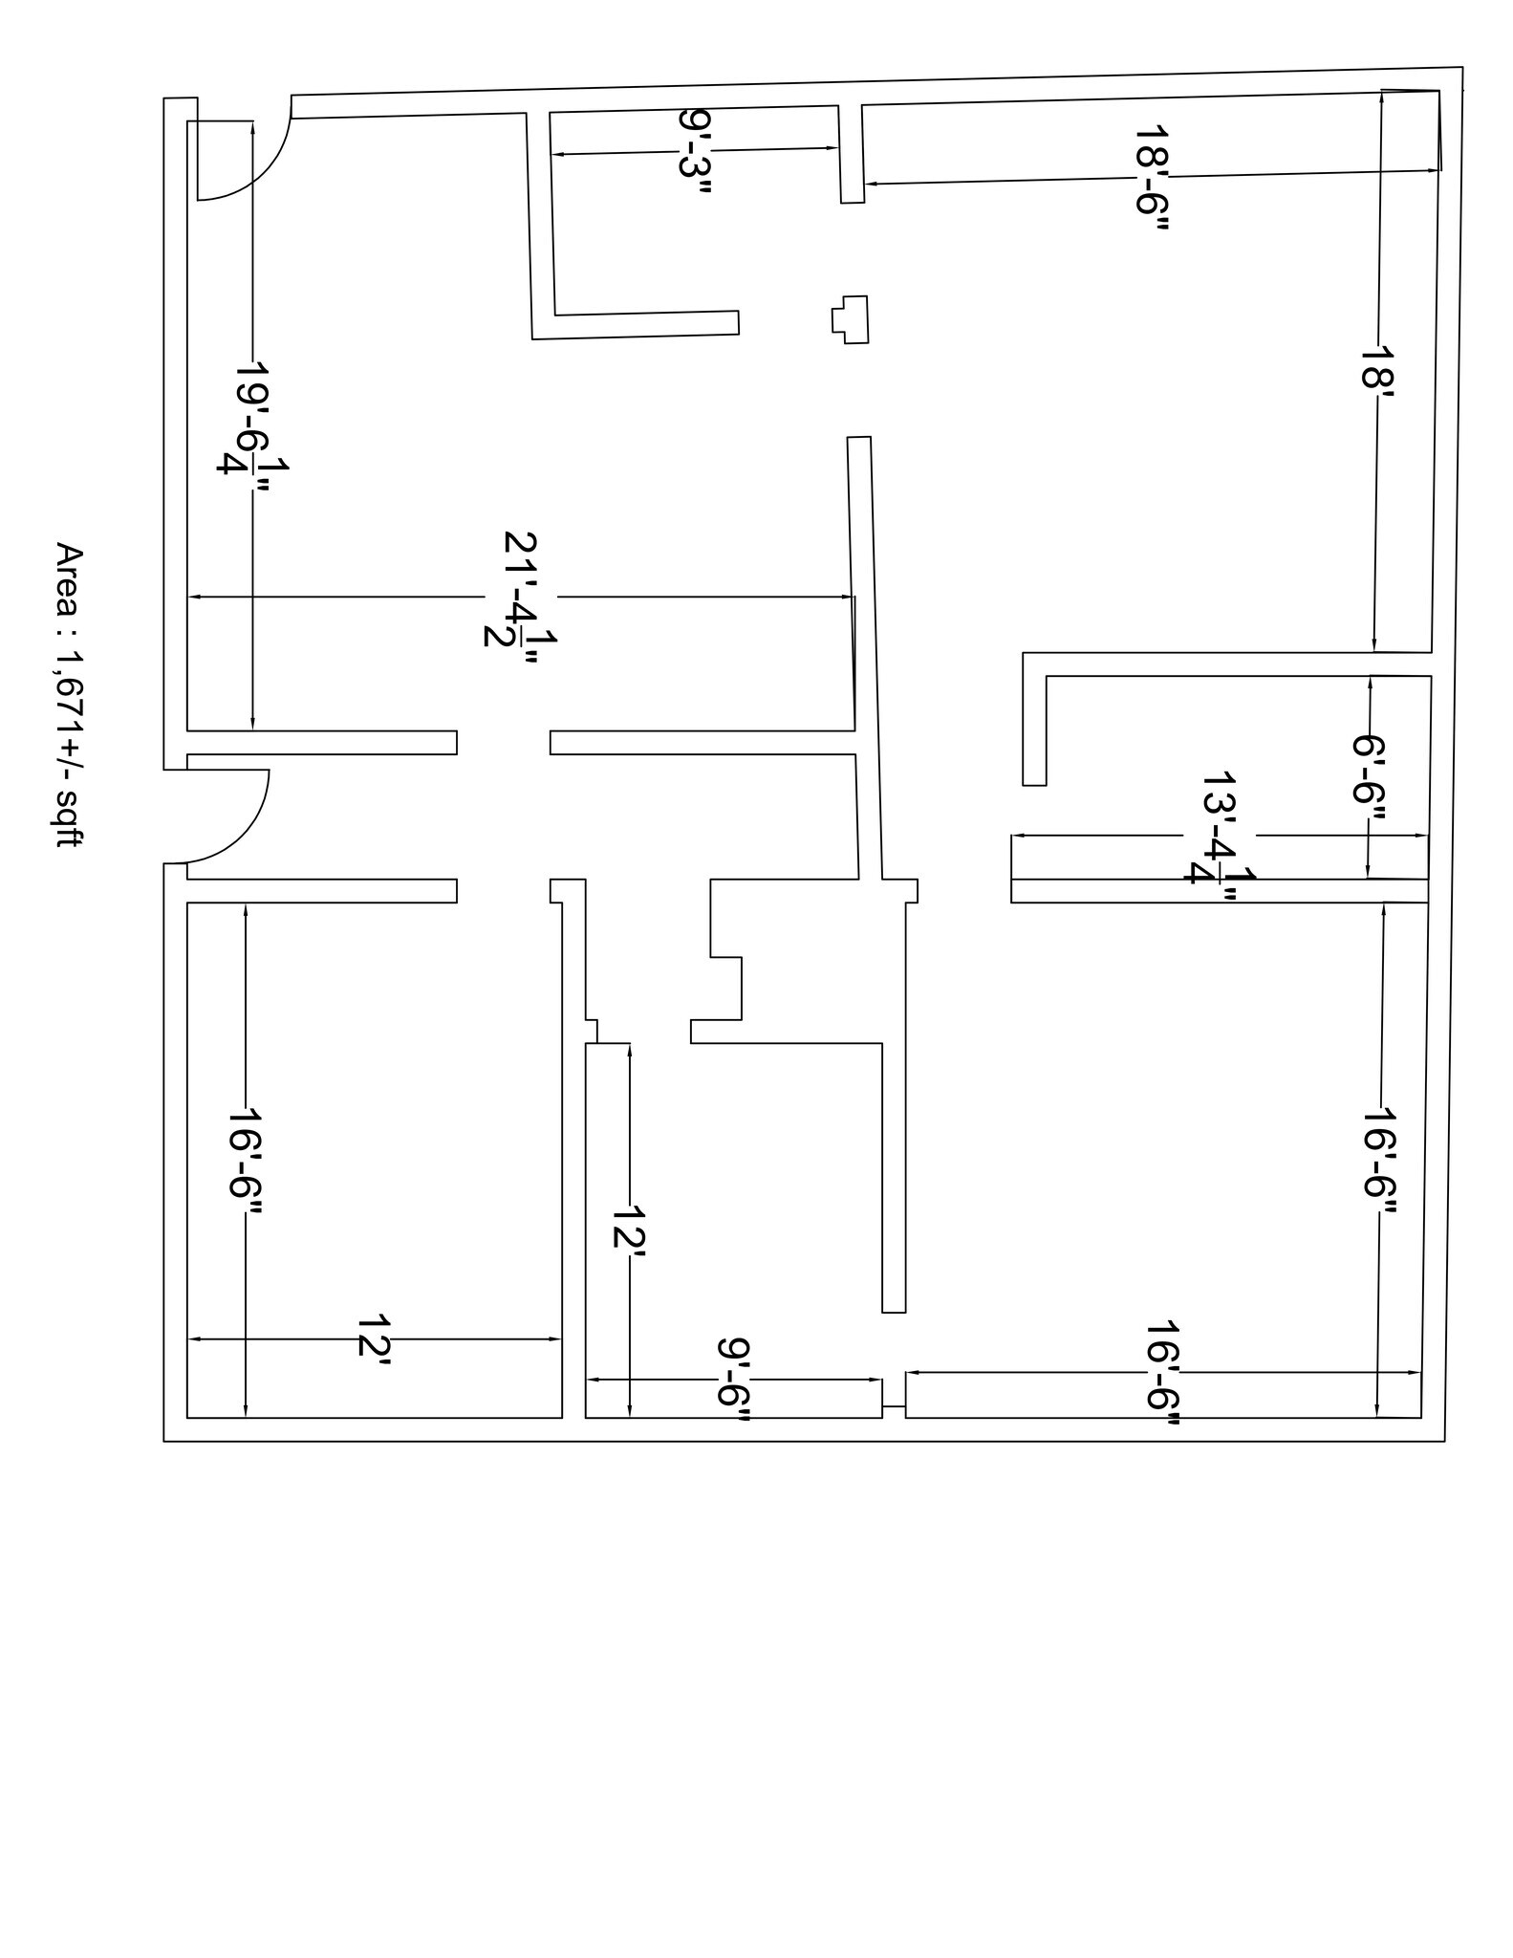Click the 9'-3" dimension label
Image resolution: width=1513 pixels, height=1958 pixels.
tap(695, 151)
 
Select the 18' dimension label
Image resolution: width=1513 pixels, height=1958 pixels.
tap(1377, 365)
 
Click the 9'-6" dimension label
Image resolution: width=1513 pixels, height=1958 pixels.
tap(733, 1379)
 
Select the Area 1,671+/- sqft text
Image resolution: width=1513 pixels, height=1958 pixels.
tap(69, 694)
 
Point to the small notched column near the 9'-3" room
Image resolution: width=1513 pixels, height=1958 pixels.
tap(851, 319)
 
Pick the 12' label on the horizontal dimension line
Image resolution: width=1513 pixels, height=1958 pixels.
tap(373, 1336)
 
